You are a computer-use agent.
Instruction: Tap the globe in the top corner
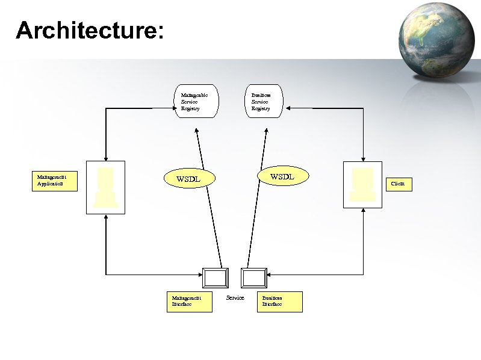[x=439, y=40]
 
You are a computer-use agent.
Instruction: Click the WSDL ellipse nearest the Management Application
[x=188, y=178]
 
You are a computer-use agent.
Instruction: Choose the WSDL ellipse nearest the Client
[x=282, y=176]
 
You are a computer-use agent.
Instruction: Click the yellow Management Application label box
[x=55, y=181]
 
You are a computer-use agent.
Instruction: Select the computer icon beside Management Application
[x=105, y=187]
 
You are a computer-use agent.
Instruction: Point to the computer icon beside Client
[x=362, y=184]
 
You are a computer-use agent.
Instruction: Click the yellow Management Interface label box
[x=190, y=302]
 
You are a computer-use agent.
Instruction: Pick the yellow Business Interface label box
[x=279, y=302]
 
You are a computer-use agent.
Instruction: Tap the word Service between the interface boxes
[x=235, y=298]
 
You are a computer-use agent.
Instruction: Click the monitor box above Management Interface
[x=216, y=278]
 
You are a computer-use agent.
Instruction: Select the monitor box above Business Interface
[x=253, y=278]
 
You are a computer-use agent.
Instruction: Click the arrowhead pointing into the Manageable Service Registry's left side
[x=172, y=108]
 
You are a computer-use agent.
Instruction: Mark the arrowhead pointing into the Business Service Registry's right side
[x=288, y=108]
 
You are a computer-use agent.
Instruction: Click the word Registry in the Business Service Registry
[x=261, y=109]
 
